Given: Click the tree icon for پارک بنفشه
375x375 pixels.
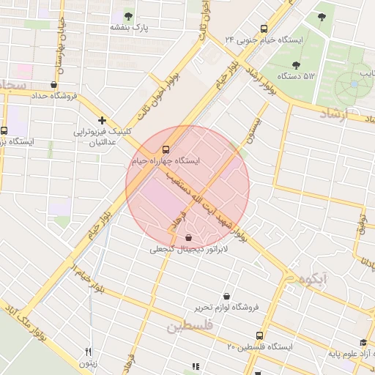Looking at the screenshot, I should point(129,16).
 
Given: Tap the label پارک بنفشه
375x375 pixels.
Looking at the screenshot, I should point(129,27).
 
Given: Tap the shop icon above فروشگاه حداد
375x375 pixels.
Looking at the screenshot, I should point(53,84).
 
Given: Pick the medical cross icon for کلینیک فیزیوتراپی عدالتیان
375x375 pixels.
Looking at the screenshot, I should point(102,120).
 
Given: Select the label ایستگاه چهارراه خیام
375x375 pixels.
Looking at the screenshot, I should point(166,159).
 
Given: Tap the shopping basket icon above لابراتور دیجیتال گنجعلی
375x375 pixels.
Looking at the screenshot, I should point(189,237).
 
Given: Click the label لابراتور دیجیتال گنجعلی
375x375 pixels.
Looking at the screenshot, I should point(190,250).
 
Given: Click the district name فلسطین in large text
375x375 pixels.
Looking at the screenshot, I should point(189,325).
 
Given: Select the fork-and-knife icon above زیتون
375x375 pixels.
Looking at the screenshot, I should point(88,352).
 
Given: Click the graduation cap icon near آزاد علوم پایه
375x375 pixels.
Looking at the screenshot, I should point(363,342).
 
